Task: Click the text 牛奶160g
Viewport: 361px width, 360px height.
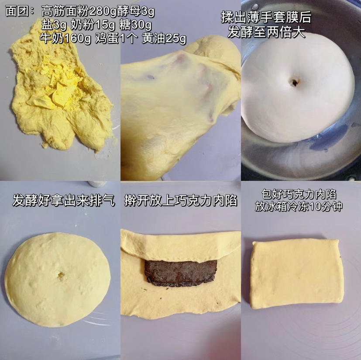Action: (x=65, y=38)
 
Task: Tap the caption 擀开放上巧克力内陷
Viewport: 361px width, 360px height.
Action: (x=181, y=201)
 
